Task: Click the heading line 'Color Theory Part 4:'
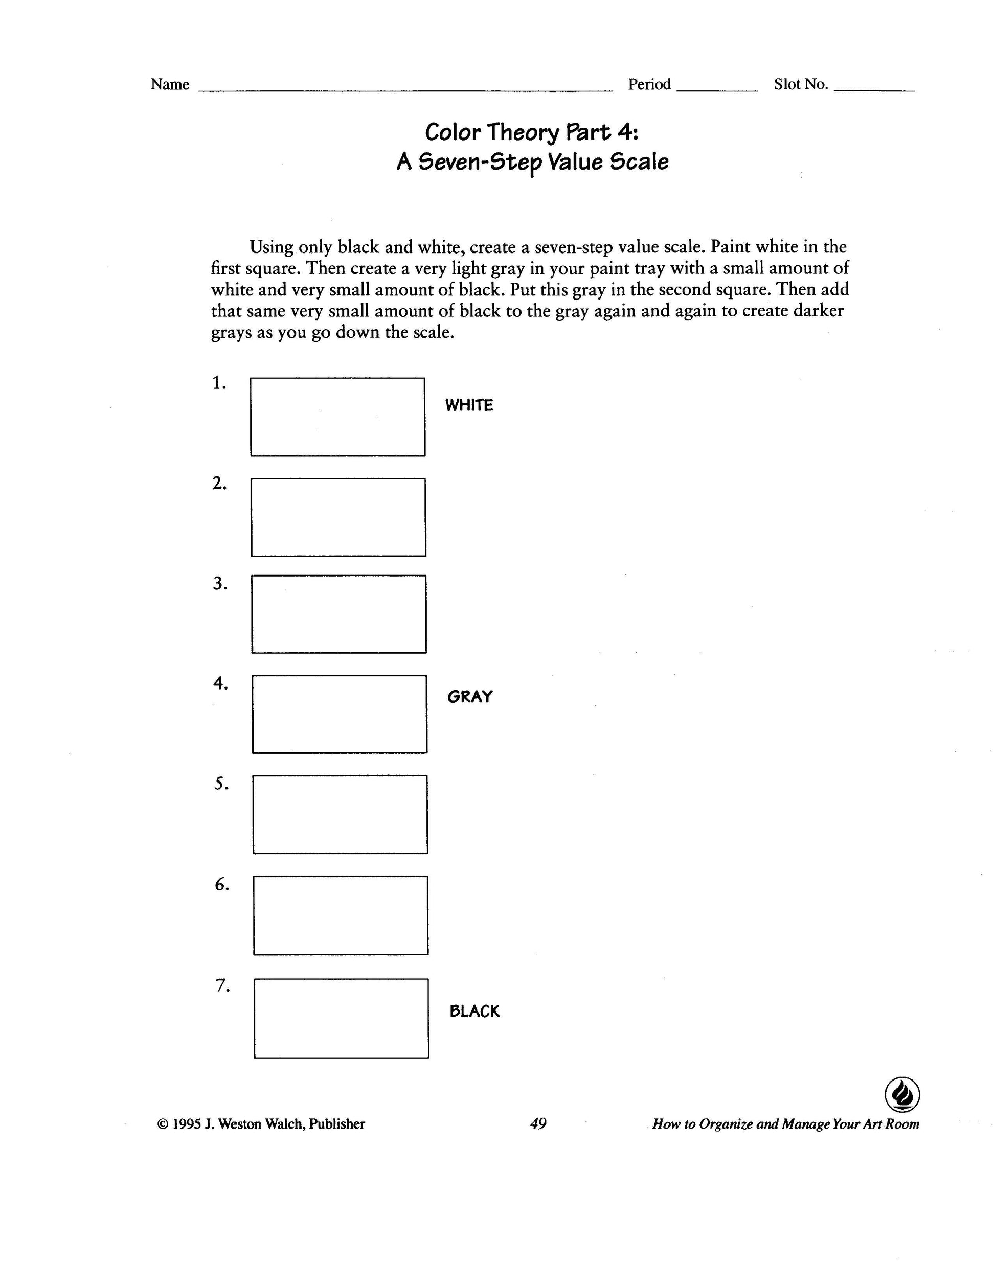coord(531,132)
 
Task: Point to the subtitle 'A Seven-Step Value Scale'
coord(532,162)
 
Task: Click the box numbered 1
coord(337,417)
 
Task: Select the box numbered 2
coord(338,517)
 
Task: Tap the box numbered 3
coord(339,614)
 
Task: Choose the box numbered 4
coord(340,714)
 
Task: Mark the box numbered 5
coord(340,814)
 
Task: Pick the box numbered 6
coord(341,914)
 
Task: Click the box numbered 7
coord(341,1018)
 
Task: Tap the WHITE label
coord(469,405)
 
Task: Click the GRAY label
coord(470,697)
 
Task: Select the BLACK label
coord(474,1011)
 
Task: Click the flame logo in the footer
coord(902,1094)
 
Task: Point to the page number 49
coord(538,1124)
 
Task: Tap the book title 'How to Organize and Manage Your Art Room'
coord(786,1124)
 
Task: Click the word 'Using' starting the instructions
coord(270,247)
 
